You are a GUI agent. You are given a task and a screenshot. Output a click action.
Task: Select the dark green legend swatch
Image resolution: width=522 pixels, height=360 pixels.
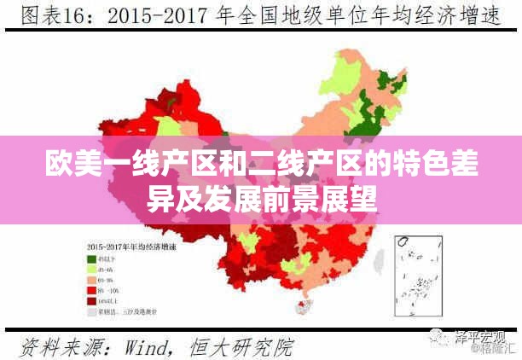[x=90, y=258]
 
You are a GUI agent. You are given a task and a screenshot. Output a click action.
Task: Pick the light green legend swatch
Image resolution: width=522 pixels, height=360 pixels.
[x=90, y=269]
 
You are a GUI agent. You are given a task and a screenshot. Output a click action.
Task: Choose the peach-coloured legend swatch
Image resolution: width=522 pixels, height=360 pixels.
[x=90, y=279]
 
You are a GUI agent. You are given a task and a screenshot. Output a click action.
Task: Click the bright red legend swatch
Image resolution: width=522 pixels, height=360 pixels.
[x=90, y=290]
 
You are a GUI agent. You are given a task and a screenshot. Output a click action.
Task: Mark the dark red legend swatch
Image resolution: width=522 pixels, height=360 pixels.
[x=90, y=301]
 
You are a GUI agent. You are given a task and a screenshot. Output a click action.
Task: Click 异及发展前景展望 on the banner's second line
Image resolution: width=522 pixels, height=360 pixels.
[x=261, y=199]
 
